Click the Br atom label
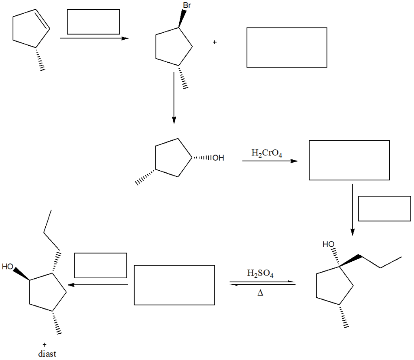click(186, 6)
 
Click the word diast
click(47, 354)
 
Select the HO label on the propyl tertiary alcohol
click(329, 244)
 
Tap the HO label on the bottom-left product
click(8, 267)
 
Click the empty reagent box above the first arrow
click(93, 21)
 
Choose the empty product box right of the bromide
click(287, 47)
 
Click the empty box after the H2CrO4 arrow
click(349, 160)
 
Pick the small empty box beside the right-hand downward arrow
click(384, 208)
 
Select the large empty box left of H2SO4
click(174, 285)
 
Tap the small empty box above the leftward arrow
click(100, 265)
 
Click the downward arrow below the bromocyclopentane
click(174, 97)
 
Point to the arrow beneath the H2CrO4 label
click(270, 161)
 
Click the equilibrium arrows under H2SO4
click(262, 284)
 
